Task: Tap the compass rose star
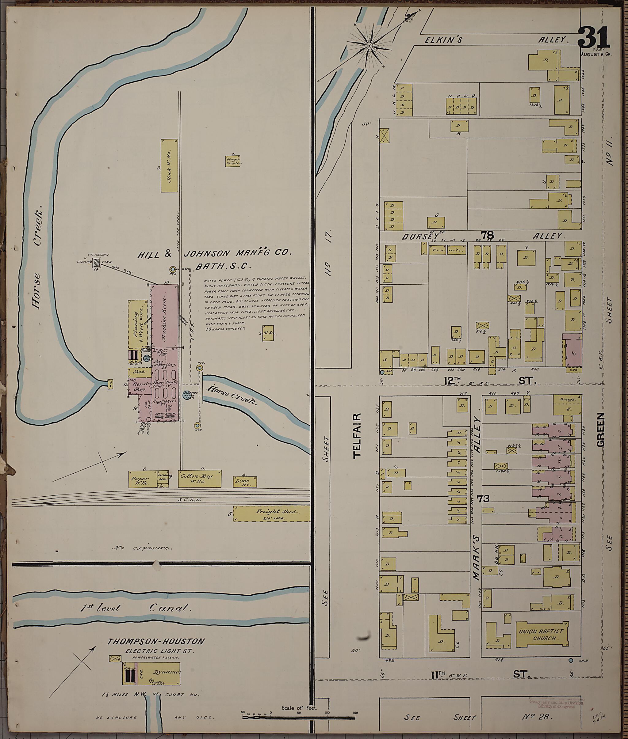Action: (x=369, y=46)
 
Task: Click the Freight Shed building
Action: (x=271, y=514)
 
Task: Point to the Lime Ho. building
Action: (x=245, y=482)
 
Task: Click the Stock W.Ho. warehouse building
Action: (x=169, y=165)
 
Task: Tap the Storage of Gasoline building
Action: (x=234, y=161)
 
